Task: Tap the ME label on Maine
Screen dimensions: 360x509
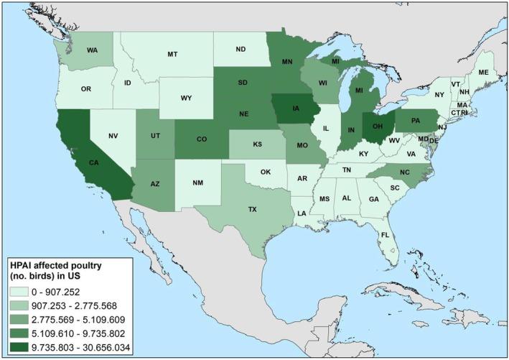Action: click(x=482, y=72)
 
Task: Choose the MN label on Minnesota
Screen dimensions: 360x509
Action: click(x=288, y=63)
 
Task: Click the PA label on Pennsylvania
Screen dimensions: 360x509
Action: click(x=416, y=119)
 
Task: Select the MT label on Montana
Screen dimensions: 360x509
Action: click(x=173, y=54)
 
